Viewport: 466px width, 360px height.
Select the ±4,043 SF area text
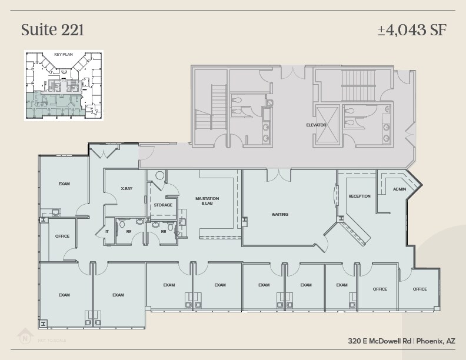(411, 29)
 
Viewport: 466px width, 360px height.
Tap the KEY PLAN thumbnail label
(62, 54)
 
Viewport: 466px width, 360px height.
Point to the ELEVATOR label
(316, 125)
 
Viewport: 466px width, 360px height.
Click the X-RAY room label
(126, 189)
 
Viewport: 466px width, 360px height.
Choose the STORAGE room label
(163, 205)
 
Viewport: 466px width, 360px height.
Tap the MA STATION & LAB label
(207, 201)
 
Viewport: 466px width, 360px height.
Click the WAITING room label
(279, 214)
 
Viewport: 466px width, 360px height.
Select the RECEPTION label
(359, 196)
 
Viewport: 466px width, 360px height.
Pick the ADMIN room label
(400, 189)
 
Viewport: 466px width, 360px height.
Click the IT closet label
(107, 231)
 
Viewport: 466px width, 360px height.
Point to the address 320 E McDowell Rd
(379, 341)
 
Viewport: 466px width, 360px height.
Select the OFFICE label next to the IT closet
(62, 236)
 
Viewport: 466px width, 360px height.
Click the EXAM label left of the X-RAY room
(64, 184)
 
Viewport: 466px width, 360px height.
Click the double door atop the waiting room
(278, 175)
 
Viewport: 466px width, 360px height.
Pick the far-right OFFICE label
(420, 289)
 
